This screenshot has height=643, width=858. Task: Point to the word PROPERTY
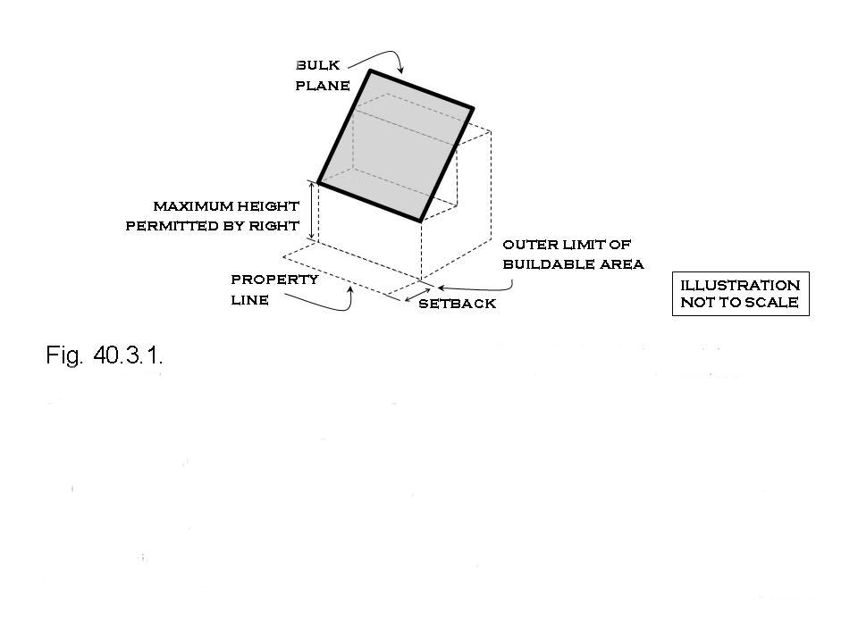point(274,280)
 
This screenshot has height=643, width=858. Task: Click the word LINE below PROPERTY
point(249,300)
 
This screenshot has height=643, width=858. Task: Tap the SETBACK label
point(457,305)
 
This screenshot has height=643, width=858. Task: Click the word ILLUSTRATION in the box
point(740,285)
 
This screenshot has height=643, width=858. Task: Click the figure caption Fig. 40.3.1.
point(104,356)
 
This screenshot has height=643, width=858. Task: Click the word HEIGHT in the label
point(266,206)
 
